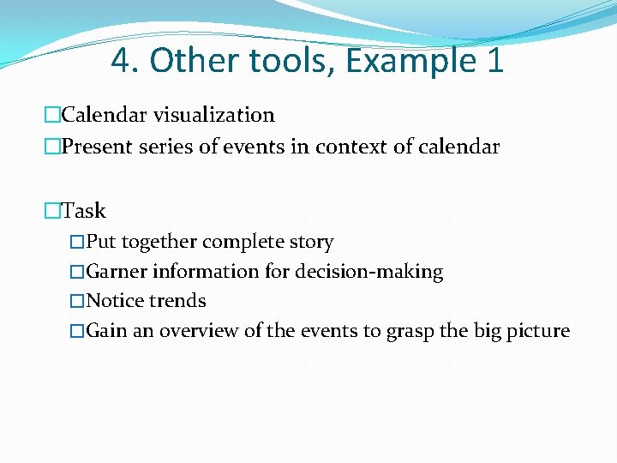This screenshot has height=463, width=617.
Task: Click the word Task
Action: (x=84, y=210)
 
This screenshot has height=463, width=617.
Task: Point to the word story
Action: (x=312, y=243)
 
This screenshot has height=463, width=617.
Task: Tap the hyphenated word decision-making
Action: (x=369, y=273)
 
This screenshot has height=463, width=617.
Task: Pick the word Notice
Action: (x=116, y=301)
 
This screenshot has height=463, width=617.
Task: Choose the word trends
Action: (x=177, y=301)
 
